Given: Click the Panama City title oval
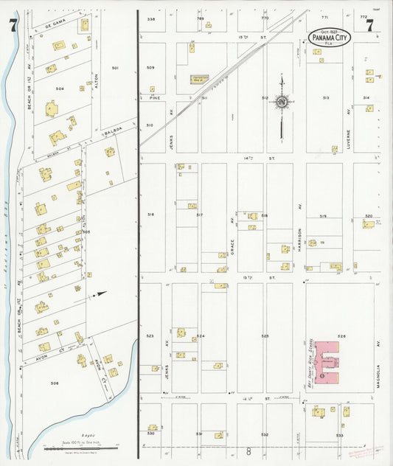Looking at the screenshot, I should click(x=328, y=37).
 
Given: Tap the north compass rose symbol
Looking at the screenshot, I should click(x=282, y=102).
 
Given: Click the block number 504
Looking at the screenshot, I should click(x=60, y=88).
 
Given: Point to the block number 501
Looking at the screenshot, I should click(x=115, y=68).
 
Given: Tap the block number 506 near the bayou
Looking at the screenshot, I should click(x=54, y=383).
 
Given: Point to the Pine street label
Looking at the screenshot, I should click(x=155, y=97).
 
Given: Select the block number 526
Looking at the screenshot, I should click(x=341, y=336).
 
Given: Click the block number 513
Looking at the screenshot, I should click(x=325, y=97).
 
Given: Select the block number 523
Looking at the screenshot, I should click(x=150, y=336).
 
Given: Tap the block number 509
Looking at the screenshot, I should click(x=150, y=68).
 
